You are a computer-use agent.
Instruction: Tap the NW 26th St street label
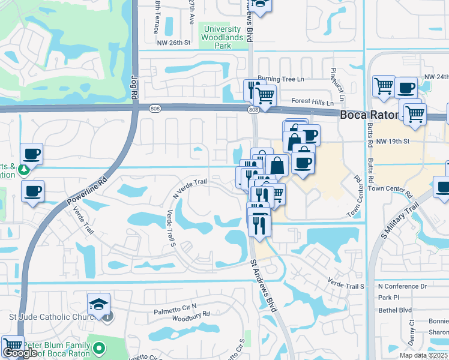coord(173,43)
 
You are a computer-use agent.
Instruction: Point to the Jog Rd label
coord(134,88)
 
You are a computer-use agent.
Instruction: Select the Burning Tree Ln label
coord(281,79)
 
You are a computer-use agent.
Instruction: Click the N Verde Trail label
coord(190,188)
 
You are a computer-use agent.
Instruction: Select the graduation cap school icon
coord(98,303)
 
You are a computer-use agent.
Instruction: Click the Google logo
coord(19,353)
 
